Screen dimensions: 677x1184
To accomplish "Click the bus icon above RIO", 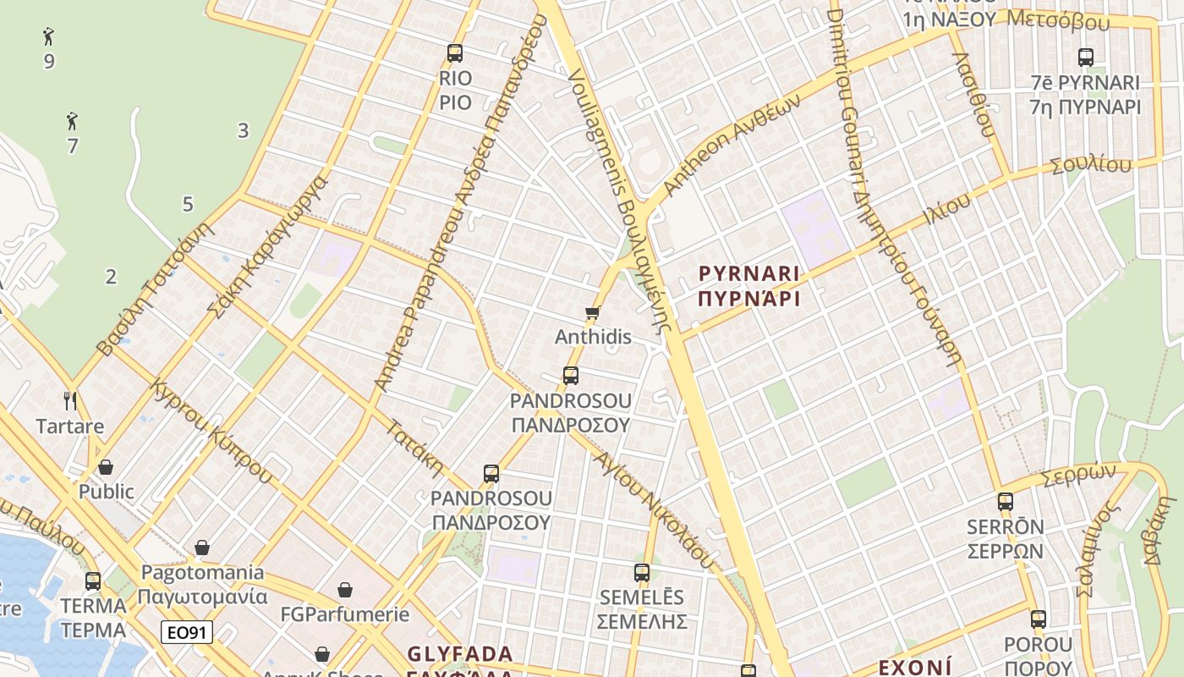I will click(455, 53).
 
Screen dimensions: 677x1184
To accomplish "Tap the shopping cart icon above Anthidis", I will click(593, 313).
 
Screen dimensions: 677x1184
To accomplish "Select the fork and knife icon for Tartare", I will click(70, 399).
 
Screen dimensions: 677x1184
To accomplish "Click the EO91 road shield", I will click(187, 631).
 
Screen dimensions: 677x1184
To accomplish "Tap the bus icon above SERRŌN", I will click(1005, 501).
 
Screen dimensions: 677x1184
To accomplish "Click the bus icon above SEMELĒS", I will click(642, 572).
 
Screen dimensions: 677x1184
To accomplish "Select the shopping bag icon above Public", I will click(106, 467).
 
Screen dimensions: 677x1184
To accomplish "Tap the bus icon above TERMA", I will click(93, 581).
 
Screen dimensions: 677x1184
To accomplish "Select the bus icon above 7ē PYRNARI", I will click(1086, 58).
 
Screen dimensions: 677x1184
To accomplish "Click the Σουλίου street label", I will click(1091, 165).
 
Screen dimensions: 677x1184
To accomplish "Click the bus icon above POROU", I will click(1039, 619).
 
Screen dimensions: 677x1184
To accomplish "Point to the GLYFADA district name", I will click(460, 654).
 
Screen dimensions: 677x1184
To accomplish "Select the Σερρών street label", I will click(1078, 475).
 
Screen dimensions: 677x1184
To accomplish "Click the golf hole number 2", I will click(111, 276).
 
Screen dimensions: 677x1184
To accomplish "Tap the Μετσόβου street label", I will click(1059, 20).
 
